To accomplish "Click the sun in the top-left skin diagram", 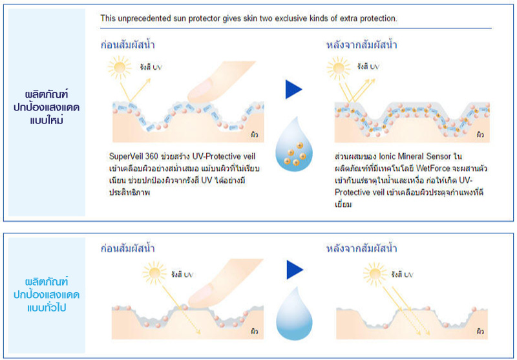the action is click(x=119, y=68).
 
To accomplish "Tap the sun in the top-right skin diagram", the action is click(x=338, y=69).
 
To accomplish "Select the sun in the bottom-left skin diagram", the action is click(x=154, y=273).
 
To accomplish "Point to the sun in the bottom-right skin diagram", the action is click(x=375, y=273).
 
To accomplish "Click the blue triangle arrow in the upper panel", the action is click(x=293, y=89).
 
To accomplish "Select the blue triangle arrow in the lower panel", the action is click(x=295, y=270).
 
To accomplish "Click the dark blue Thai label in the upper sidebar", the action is click(x=47, y=107).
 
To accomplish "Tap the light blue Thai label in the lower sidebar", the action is click(x=47, y=295).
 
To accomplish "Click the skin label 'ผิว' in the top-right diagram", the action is click(x=480, y=134).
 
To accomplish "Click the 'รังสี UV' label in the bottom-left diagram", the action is click(x=182, y=275).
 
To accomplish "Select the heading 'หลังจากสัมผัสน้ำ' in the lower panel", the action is click(x=361, y=248).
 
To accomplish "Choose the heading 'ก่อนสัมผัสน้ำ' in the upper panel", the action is click(x=127, y=45).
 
